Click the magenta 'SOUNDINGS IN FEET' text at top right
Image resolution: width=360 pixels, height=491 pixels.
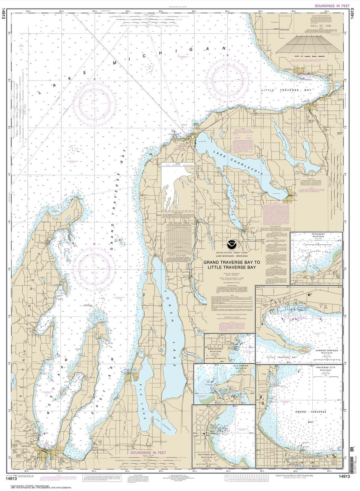(332, 6)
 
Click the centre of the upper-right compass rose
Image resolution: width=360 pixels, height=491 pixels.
(228, 80)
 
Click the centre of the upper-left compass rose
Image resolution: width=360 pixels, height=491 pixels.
(94, 104)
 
